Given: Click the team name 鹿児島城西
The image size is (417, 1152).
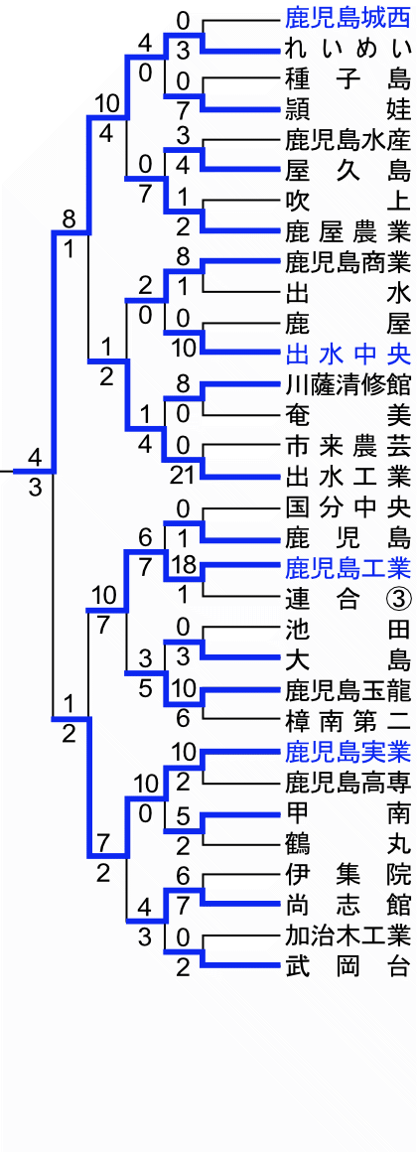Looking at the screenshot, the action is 347,16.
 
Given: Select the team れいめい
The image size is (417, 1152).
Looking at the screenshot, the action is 347,50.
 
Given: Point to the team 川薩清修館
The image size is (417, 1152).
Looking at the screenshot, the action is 347,384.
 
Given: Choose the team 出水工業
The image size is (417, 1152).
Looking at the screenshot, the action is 347,476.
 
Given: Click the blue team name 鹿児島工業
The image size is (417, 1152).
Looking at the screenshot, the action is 347,568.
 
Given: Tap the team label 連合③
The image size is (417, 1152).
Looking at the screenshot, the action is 347,599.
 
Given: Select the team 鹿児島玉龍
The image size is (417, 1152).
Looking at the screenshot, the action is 347,691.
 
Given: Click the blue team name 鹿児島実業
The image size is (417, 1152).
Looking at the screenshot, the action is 347,753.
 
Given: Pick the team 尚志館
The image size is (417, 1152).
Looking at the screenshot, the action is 347,905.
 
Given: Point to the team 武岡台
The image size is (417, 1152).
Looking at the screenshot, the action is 347,966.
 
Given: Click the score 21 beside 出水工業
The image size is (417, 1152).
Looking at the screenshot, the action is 183,476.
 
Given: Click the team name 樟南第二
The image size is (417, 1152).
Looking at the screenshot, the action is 347,722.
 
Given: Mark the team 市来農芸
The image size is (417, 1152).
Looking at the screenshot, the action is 347,445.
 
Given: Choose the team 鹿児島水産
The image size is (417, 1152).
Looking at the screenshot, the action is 347,139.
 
